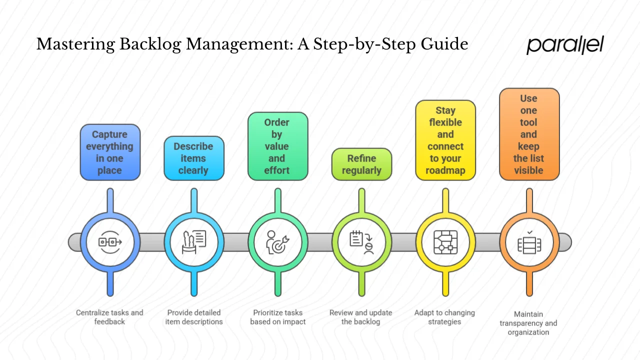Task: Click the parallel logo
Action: pos(565,45)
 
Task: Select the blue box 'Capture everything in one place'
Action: pos(110,152)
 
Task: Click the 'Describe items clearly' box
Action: pos(193,158)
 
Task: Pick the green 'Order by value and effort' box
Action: pos(277,146)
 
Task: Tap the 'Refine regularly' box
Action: pos(361,164)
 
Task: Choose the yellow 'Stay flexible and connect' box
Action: pos(445,140)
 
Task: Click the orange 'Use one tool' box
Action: pos(529,134)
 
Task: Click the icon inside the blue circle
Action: pos(110,242)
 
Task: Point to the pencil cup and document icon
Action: pos(194,242)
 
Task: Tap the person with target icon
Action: pos(277,242)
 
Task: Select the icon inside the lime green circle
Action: pos(361,242)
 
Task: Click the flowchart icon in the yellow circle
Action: pos(445,242)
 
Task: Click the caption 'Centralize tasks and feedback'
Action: pos(109,317)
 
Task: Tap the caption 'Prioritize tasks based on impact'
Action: pos(277,317)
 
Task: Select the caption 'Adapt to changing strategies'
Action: pos(444,317)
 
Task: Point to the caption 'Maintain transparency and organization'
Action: pos(528,323)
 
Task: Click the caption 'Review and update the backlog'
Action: pos(360,317)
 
